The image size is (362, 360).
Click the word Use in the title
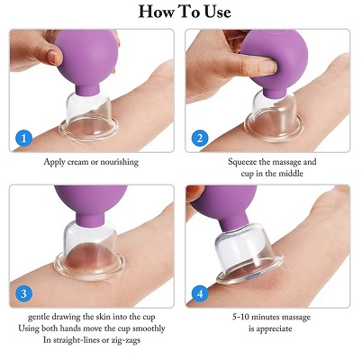pos(213,12)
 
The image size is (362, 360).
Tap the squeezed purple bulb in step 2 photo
pos(279,58)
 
